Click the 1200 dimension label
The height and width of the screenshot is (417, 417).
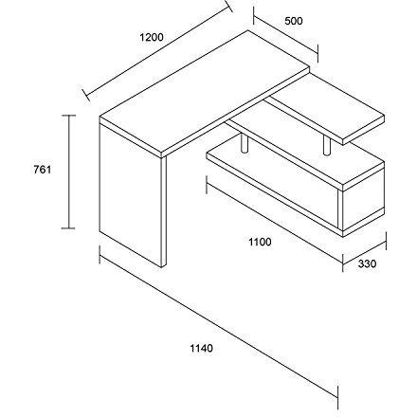click(x=152, y=37)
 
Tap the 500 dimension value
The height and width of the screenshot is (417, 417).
click(x=294, y=21)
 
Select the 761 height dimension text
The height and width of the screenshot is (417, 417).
click(x=42, y=170)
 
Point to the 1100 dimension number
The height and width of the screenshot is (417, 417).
click(x=260, y=242)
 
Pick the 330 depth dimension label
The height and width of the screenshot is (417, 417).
click(x=367, y=263)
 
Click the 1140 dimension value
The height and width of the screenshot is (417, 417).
click(x=201, y=349)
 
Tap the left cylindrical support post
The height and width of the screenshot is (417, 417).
click(x=244, y=145)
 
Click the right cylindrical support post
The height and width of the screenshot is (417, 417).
click(x=327, y=146)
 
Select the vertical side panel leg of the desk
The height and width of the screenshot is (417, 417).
click(x=130, y=195)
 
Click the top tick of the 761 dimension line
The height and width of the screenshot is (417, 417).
click(x=68, y=116)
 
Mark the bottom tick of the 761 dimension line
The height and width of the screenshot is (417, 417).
click(x=68, y=227)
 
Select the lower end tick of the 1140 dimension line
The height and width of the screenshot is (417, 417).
click(x=338, y=397)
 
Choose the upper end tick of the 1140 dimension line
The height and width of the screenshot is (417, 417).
click(x=100, y=255)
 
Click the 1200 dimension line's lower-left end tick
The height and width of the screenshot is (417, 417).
click(x=86, y=95)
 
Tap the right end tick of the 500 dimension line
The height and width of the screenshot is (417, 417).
click(x=317, y=54)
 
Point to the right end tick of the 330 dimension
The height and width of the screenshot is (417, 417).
click(x=386, y=241)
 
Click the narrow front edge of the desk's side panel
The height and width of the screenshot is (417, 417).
click(x=164, y=212)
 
